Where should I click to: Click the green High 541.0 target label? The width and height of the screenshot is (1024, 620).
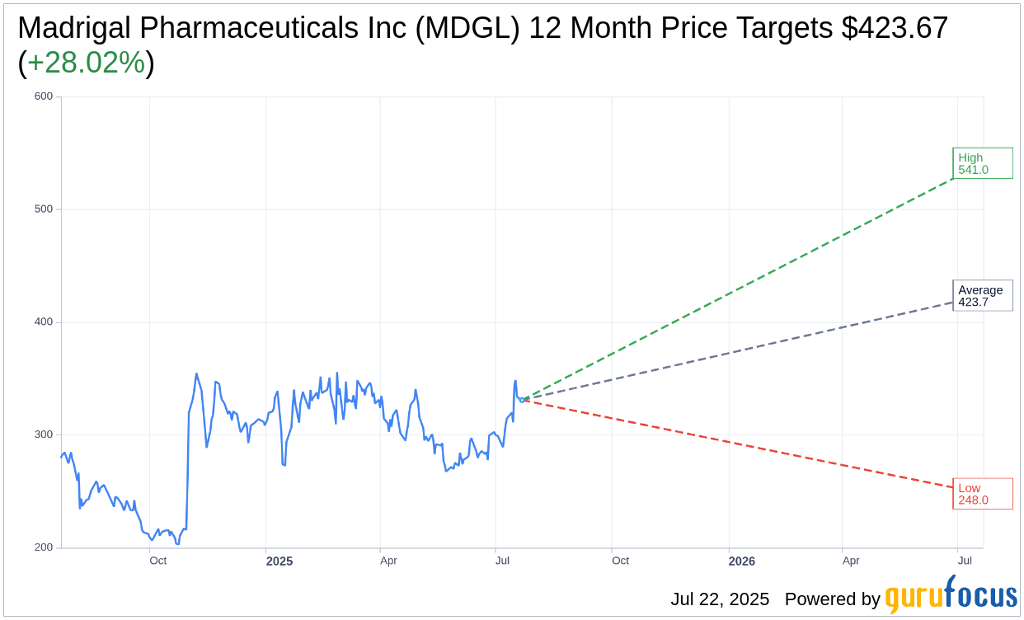click(982, 163)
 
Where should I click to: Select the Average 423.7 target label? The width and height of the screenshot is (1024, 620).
click(982, 296)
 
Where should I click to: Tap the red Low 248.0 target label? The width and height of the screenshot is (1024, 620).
click(982, 493)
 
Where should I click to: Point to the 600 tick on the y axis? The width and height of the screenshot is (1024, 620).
click(44, 96)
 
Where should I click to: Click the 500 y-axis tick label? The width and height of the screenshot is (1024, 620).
click(44, 209)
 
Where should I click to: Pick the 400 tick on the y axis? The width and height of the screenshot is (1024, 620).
click(44, 322)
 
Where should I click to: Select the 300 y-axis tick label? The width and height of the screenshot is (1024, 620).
click(44, 435)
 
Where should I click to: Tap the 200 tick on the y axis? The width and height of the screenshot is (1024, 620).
click(44, 548)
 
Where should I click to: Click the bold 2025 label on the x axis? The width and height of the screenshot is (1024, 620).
click(279, 561)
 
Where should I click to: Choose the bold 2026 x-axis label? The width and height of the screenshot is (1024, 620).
click(742, 561)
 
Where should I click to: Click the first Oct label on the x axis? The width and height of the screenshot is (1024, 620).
click(157, 561)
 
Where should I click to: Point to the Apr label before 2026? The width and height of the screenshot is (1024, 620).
click(388, 561)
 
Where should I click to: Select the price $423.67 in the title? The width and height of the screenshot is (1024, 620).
click(895, 29)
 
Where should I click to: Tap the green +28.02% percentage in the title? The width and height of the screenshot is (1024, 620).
click(87, 63)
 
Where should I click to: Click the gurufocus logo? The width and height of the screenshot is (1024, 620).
click(951, 595)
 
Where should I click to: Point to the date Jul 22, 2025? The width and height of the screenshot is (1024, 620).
click(720, 599)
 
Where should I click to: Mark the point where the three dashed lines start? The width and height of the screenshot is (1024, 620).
click(522, 400)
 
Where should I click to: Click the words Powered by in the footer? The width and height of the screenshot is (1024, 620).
click(832, 599)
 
